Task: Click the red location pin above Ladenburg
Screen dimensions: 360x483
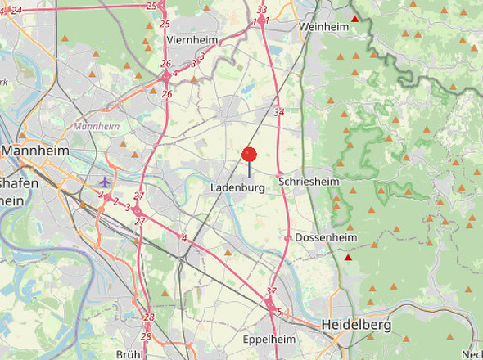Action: (x=250, y=155)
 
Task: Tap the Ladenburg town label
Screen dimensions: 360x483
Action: (x=237, y=188)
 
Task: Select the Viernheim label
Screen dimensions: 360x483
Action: (x=189, y=39)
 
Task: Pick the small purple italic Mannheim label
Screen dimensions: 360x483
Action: (x=96, y=127)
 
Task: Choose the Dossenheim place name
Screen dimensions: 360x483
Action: (x=326, y=237)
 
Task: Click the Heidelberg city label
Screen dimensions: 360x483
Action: (x=356, y=325)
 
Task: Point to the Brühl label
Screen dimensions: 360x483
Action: (x=130, y=353)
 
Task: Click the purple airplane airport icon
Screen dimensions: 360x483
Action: (x=104, y=180)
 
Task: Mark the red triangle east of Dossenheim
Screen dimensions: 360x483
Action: (x=348, y=258)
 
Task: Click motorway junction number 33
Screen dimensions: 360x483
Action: (x=262, y=10)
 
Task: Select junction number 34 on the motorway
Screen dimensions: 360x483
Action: (x=279, y=112)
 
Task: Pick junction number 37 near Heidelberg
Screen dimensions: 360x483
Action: (x=272, y=292)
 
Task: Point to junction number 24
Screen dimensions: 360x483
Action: (x=16, y=10)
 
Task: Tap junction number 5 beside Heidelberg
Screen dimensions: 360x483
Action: (x=279, y=312)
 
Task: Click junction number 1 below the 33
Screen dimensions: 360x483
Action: (x=267, y=20)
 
